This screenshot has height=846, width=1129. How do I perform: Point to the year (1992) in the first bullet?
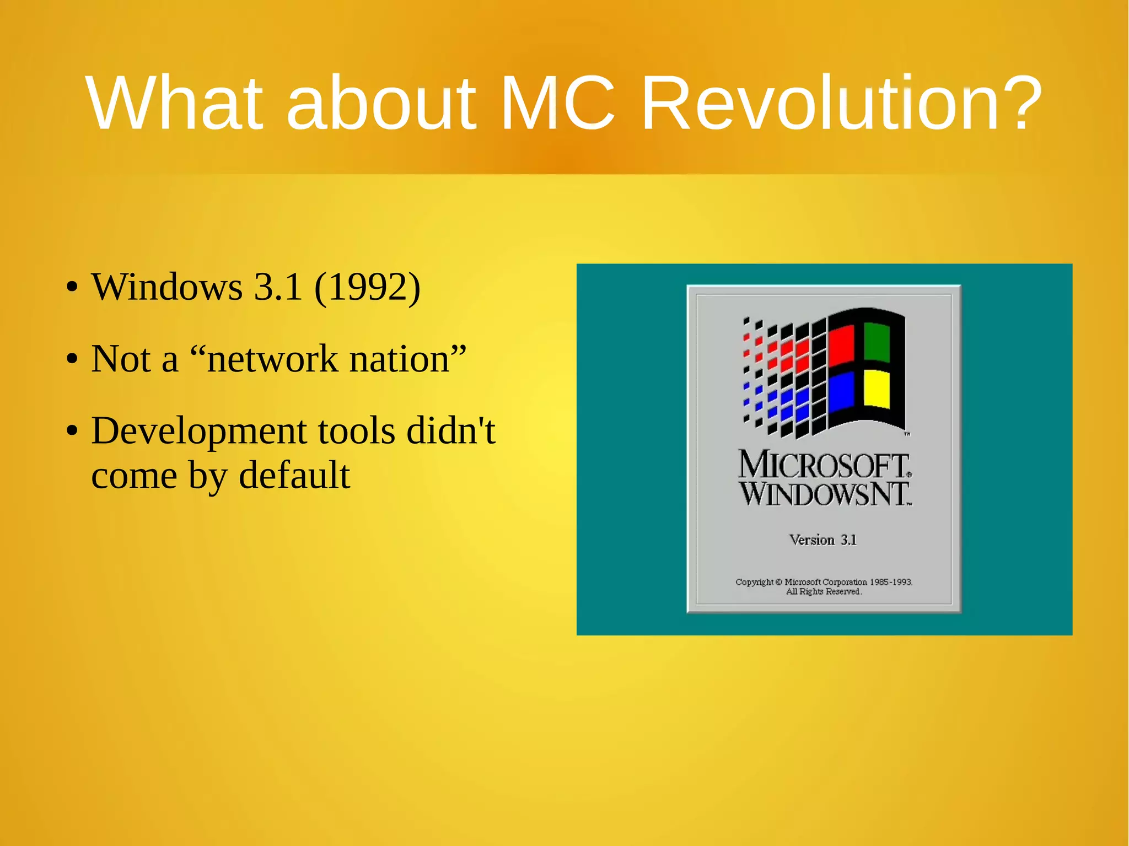coord(367,287)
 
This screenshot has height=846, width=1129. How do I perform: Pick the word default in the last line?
coord(294,475)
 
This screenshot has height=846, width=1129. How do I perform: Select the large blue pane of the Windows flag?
coord(841,391)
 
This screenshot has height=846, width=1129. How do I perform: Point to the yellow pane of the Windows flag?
coord(877,389)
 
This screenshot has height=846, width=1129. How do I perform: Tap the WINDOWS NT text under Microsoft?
coord(824,494)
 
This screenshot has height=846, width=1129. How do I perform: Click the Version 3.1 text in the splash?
coord(823,540)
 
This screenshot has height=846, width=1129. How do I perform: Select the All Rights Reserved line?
coord(824,591)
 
